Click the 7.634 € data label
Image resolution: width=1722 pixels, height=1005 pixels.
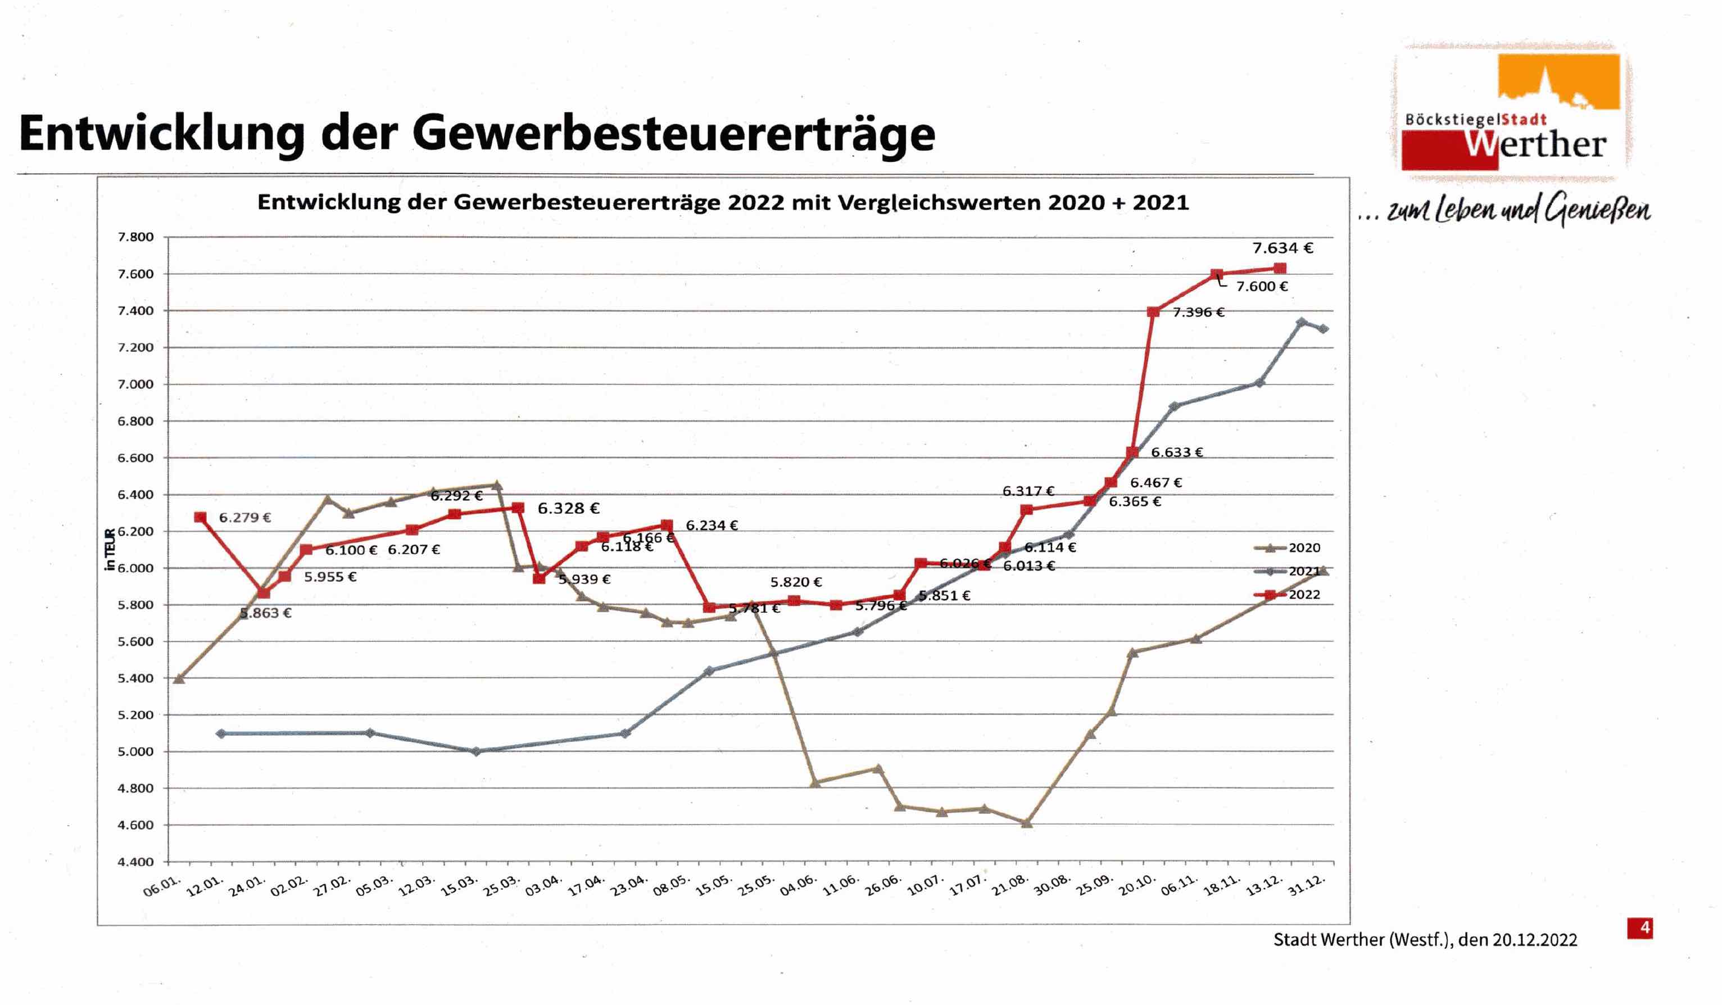pyautogui.click(x=1282, y=248)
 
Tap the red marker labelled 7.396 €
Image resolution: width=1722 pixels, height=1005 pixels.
pyautogui.click(x=1153, y=312)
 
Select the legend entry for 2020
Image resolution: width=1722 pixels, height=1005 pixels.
pyautogui.click(x=1286, y=548)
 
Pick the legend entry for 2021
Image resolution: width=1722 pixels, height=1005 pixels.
pyautogui.click(x=1286, y=571)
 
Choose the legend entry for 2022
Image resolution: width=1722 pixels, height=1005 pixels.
pyautogui.click(x=1286, y=594)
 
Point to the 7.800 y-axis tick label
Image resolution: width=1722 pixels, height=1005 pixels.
pyautogui.click(x=135, y=237)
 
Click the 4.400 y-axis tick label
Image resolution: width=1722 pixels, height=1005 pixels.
pyautogui.click(x=135, y=862)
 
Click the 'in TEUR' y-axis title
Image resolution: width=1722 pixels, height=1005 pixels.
pyautogui.click(x=110, y=549)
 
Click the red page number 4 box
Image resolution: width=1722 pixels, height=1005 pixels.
pyautogui.click(x=1639, y=928)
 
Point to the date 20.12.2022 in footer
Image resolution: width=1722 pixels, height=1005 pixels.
pyautogui.click(x=1535, y=940)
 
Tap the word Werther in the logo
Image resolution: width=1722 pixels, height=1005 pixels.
pyautogui.click(x=1535, y=145)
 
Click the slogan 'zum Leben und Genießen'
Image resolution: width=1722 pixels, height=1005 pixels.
pyautogui.click(x=1517, y=210)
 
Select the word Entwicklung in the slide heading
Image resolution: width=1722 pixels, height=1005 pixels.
pyautogui.click(x=162, y=133)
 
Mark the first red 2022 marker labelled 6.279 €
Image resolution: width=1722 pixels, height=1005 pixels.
pyautogui.click(x=200, y=517)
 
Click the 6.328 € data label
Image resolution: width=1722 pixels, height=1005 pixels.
pyautogui.click(x=568, y=508)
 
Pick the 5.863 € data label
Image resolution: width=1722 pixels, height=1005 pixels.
pyautogui.click(x=266, y=613)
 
